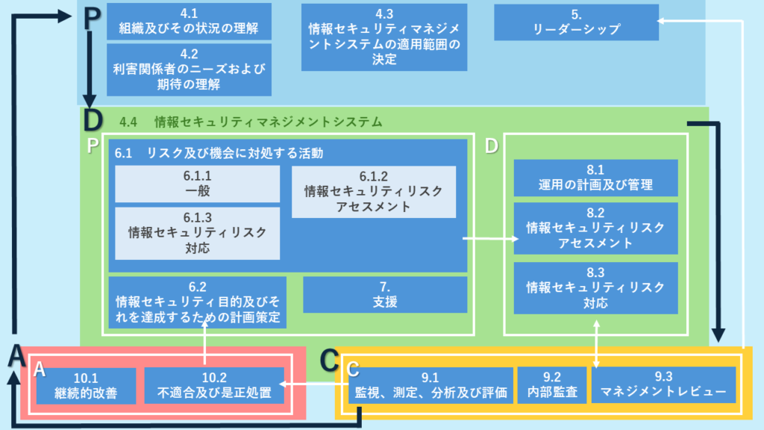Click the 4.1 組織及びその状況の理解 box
click(188, 22)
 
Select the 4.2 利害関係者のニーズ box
click(188, 69)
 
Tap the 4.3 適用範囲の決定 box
click(384, 37)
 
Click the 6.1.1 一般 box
click(197, 184)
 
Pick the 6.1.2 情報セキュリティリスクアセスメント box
click(374, 191)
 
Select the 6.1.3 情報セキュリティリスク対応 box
click(197, 233)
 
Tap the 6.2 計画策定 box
click(197, 302)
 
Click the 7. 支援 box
click(384, 295)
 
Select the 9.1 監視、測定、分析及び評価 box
click(431, 385)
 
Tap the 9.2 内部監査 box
click(551, 385)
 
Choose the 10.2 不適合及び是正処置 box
click(214, 385)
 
